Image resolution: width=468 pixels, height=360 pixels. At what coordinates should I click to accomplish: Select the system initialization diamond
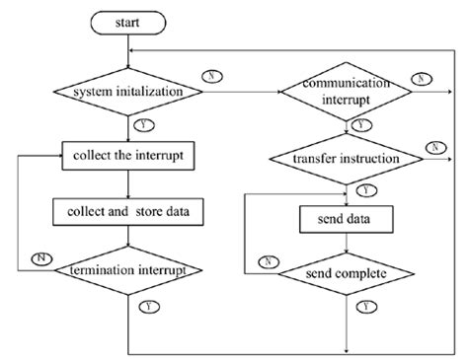tap(129, 94)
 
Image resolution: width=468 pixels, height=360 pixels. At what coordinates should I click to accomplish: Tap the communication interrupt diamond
tap(345, 95)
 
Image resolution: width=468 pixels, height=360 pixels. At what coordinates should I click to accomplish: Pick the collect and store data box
tap(128, 209)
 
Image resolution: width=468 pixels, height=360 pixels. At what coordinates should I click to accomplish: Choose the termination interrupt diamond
tap(129, 269)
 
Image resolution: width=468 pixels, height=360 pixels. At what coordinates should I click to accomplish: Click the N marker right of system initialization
tap(211, 76)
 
